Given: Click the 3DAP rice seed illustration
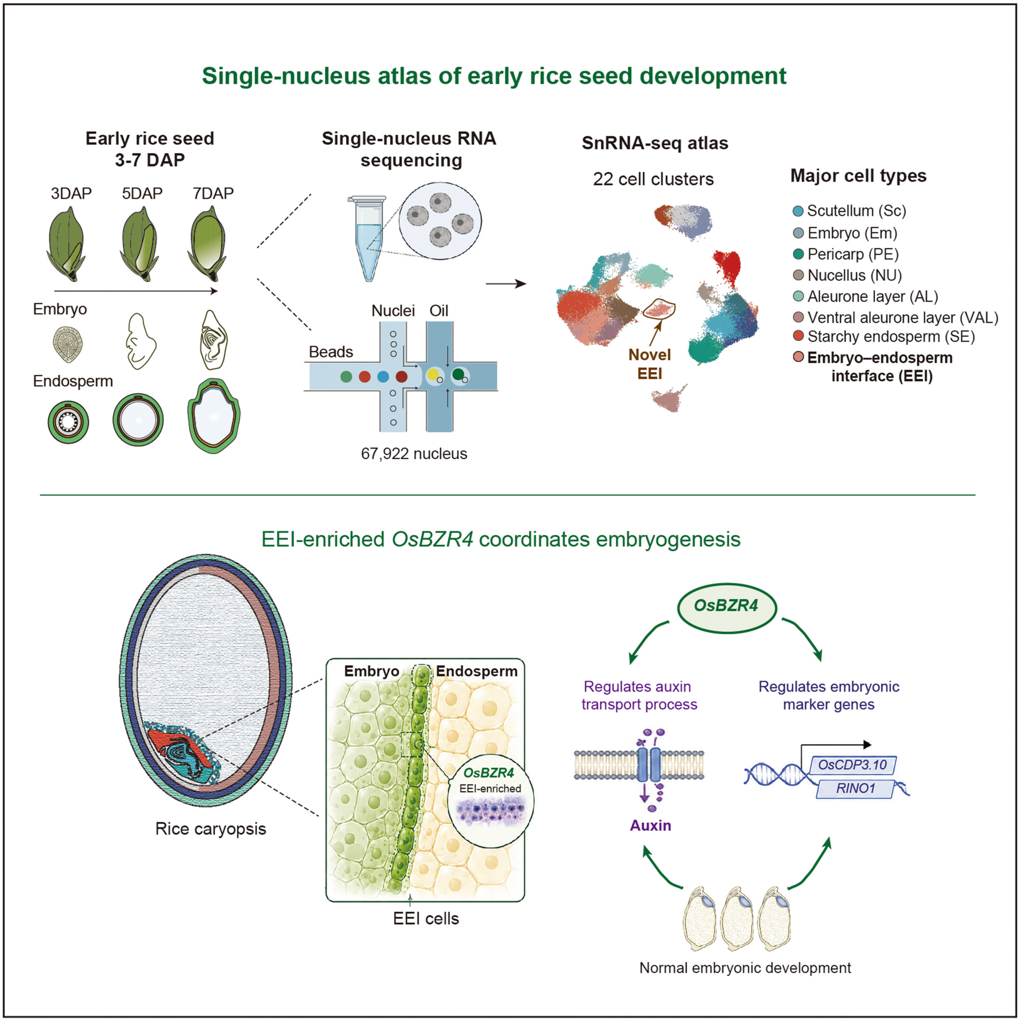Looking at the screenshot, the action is (66, 244).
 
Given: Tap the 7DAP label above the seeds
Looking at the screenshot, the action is (213, 193).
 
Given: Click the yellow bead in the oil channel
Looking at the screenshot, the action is (433, 375).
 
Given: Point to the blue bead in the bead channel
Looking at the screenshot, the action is (383, 376).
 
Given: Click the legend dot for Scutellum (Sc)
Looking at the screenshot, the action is (798, 212).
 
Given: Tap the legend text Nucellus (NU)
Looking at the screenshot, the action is (855, 275).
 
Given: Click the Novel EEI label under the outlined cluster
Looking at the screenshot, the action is (649, 364).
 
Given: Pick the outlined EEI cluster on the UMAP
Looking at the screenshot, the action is (659, 309).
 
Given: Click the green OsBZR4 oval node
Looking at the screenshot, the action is (726, 606).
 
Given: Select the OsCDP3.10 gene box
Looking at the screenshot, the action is (852, 765).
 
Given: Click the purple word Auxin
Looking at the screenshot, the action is (650, 825).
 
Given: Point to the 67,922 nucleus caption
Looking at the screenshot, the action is (414, 453).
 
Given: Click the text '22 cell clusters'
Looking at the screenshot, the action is (653, 179).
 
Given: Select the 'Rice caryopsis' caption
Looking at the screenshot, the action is (211, 829).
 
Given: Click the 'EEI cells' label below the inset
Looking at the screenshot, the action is (426, 918).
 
